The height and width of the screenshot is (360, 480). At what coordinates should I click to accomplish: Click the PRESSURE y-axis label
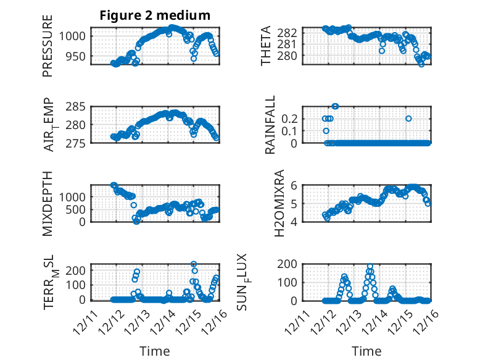(48, 46)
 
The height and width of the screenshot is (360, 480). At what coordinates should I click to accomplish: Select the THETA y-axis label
(265, 46)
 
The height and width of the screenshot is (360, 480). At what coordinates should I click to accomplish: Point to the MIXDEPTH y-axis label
(48, 203)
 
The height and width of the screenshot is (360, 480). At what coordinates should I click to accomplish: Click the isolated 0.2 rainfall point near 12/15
(408, 118)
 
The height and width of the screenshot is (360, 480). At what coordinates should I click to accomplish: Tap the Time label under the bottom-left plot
(155, 351)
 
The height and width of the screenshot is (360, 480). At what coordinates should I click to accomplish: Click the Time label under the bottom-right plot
(367, 351)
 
